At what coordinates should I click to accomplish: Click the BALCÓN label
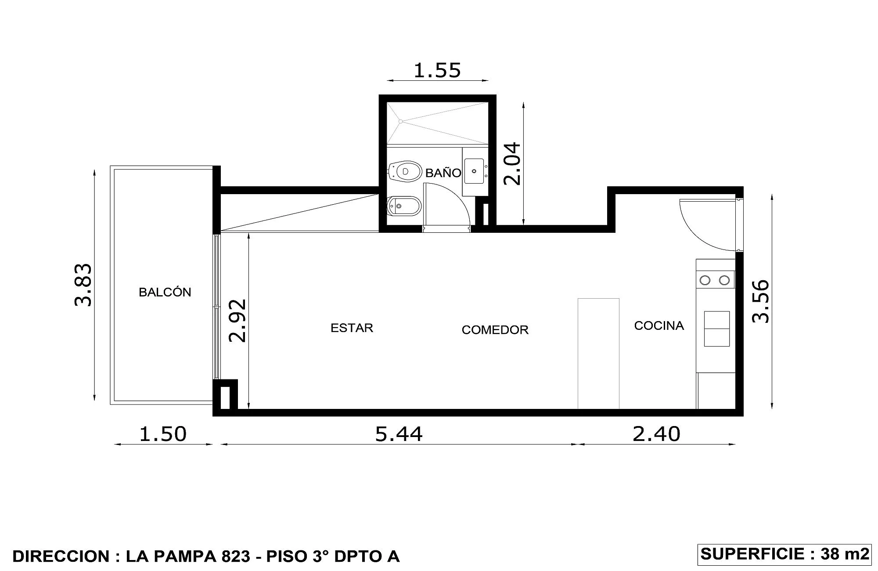[165, 292]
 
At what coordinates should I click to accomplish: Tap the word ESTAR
[352, 328]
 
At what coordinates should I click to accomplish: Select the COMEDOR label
[495, 330]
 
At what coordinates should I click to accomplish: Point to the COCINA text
[659, 325]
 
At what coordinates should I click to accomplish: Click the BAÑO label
[443, 173]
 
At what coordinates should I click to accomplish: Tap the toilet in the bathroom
[405, 171]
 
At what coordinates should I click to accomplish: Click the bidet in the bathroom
[404, 206]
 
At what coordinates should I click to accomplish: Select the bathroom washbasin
[474, 171]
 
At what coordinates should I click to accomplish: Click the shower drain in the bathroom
[400, 121]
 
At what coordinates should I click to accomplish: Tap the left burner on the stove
[705, 280]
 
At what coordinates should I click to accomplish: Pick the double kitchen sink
[717, 329]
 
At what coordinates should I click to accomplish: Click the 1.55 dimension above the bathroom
[437, 70]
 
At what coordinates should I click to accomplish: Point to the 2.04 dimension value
[512, 164]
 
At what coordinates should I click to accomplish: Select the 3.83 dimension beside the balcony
[83, 285]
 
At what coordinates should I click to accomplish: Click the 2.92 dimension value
[238, 321]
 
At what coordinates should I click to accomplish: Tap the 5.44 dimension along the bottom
[399, 434]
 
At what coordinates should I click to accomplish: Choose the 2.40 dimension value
[656, 434]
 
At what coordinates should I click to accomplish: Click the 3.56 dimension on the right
[761, 301]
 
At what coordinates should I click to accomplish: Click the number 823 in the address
[235, 557]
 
